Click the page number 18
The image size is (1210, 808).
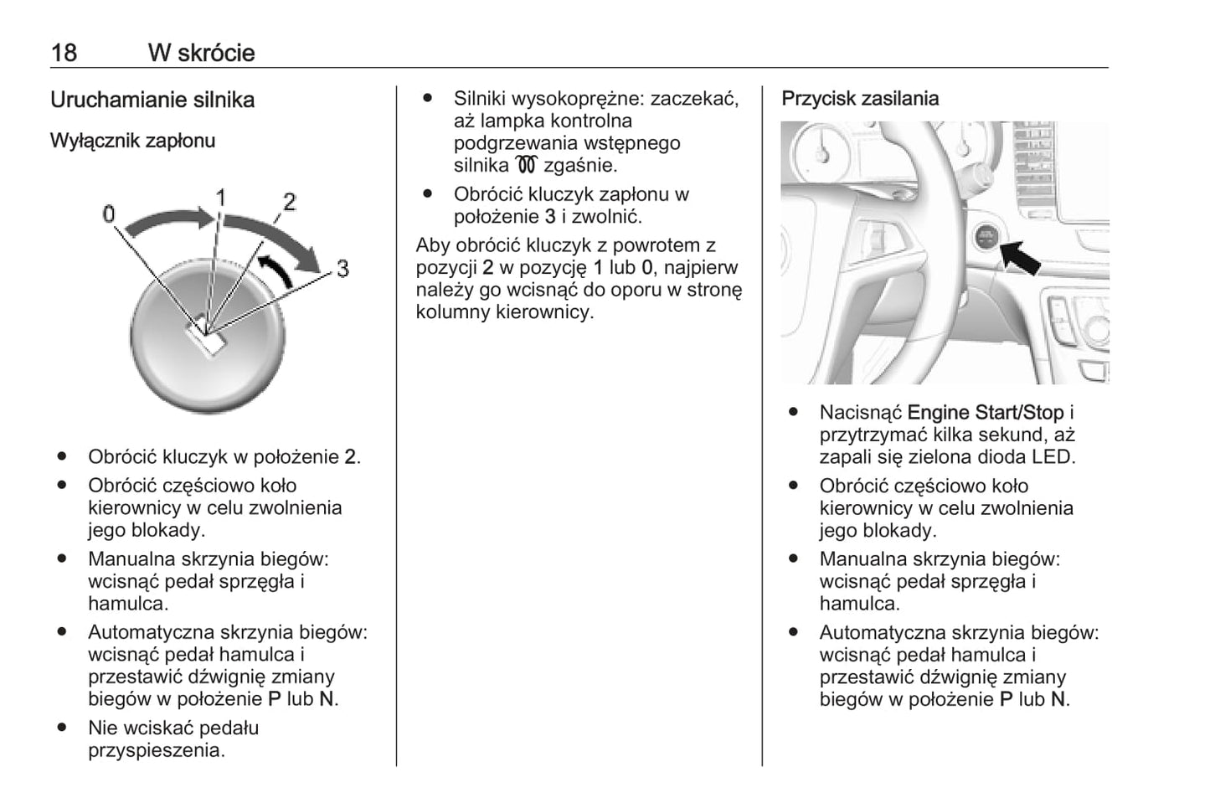(64, 53)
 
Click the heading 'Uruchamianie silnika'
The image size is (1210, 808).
(152, 100)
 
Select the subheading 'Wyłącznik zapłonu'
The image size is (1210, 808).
(132, 141)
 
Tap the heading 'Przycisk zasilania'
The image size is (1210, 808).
(860, 99)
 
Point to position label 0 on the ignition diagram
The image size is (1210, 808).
(109, 214)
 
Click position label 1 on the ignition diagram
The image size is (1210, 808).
(221, 198)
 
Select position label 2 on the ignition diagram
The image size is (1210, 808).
(290, 202)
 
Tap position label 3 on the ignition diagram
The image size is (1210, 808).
(342, 269)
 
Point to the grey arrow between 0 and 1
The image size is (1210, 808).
(166, 221)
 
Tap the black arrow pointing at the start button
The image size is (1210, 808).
(1020, 256)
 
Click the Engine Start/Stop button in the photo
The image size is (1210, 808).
(986, 237)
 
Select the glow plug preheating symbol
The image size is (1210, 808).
(527, 165)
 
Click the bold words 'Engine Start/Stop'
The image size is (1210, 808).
(985, 413)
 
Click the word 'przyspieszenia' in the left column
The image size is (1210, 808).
(155, 750)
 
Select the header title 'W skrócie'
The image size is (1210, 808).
(201, 53)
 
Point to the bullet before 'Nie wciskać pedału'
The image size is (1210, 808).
(62, 728)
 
